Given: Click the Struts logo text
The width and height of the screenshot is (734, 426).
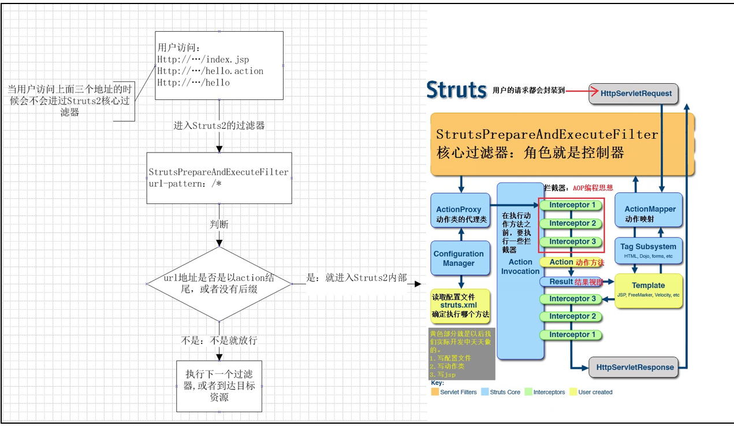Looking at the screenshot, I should coord(456,90).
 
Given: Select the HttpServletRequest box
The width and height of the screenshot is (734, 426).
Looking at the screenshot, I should coord(632,93).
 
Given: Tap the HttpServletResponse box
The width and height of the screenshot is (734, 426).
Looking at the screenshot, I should coord(634,367).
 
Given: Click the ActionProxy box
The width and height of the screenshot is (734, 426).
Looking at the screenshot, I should coord(460,214).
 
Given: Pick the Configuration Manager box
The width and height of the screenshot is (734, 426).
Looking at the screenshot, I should coord(459,258).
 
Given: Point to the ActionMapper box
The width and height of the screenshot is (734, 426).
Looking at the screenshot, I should coord(650,213).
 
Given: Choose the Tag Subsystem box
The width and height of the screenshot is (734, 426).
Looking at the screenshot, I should coord(648,250).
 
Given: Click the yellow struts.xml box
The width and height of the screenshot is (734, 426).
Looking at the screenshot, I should coord(460,305).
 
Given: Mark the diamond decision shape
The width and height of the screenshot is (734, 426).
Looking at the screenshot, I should coord(219,284).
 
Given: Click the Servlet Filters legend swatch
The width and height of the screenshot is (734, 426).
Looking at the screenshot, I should coord(435,392).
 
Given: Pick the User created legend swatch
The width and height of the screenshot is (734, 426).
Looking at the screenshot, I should coord(573,392).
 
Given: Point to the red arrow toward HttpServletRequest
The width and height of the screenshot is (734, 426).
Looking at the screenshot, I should coord(578,90).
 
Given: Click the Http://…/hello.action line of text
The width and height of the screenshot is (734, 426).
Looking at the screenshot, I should coord(210,71).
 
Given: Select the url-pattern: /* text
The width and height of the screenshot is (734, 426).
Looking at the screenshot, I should coord(185,183).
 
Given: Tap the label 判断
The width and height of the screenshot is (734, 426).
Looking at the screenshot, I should coord(219,224).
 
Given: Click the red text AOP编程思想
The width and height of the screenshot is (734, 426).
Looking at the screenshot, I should coord(593,188).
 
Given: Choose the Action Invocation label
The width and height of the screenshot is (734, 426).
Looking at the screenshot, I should coord(520,266).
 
